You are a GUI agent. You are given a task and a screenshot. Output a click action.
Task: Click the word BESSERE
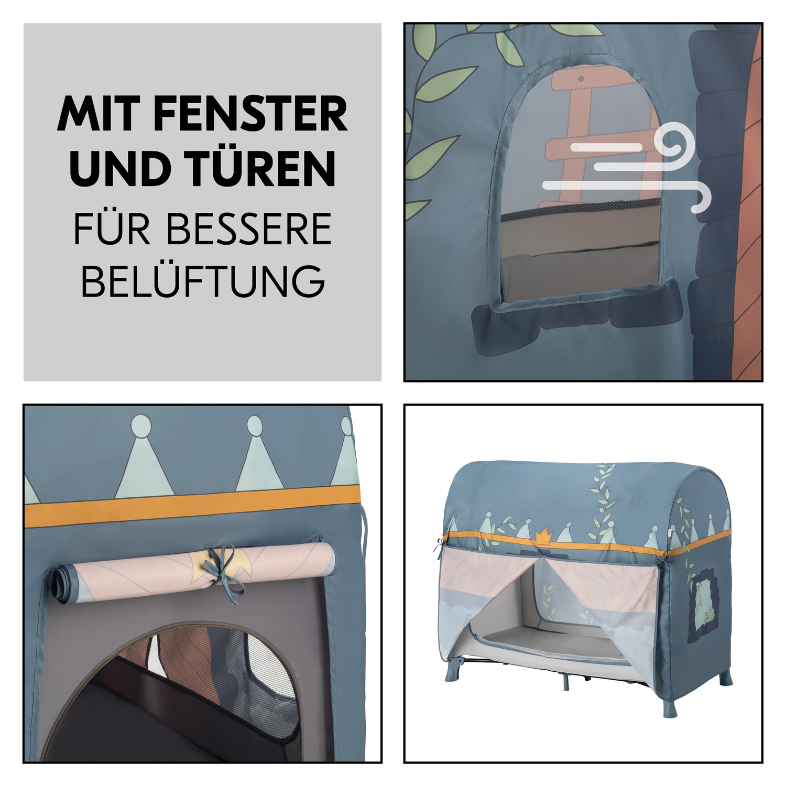pos(249,229)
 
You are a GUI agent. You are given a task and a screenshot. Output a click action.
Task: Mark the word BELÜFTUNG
pos(203,281)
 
